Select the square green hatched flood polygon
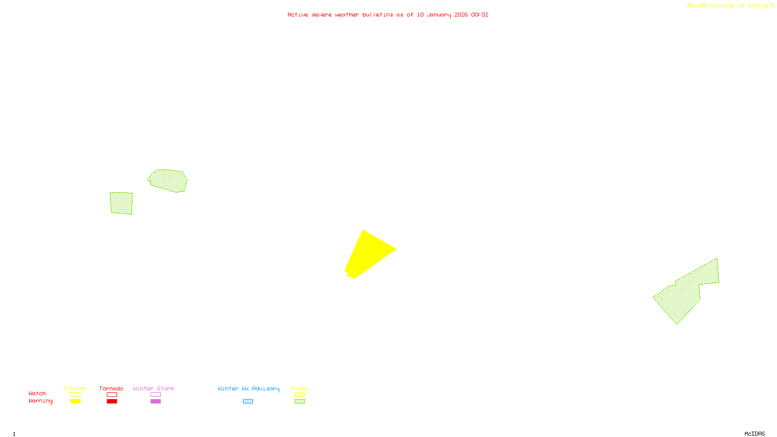pos(121,203)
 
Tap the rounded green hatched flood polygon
pos(168,181)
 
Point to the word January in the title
pos(439,15)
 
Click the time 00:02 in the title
pos(479,15)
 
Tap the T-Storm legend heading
pos(75,388)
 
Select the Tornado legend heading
pos(111,388)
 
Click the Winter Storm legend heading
pos(153,388)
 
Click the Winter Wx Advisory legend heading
pos(249,388)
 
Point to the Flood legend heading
pos(300,388)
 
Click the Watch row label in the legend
pos(37,393)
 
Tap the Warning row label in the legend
pos(40,401)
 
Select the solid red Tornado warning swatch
pos(112,402)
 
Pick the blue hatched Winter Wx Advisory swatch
pos(248,402)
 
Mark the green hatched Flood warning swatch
pos(300,402)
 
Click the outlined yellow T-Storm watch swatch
pos(75,395)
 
